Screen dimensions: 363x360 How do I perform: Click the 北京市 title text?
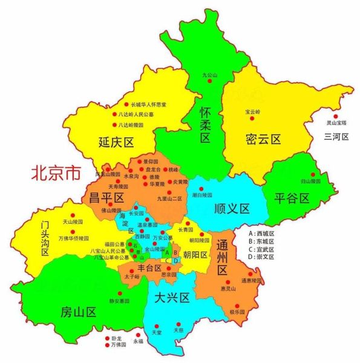[x=56, y=174]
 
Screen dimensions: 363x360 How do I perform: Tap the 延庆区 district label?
[x=116, y=143]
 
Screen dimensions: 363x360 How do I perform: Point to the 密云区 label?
[x=264, y=139]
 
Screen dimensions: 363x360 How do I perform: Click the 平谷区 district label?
[x=292, y=198]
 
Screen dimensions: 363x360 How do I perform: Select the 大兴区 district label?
[x=172, y=297]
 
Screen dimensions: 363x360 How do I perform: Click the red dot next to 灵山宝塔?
[x=336, y=117]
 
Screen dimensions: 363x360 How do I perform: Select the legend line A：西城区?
[x=261, y=233]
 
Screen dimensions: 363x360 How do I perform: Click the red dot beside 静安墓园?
[x=119, y=293]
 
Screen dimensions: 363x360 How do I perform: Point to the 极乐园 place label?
[x=237, y=312]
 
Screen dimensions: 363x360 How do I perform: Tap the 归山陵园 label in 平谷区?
[x=293, y=180]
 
